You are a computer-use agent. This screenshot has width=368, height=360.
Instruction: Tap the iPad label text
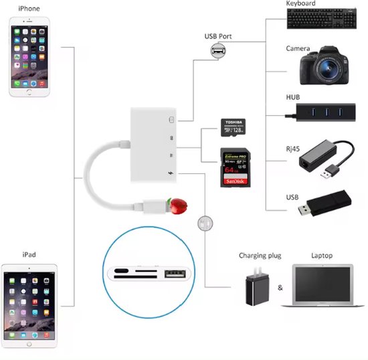29,255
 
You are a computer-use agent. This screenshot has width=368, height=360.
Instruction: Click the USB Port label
218,36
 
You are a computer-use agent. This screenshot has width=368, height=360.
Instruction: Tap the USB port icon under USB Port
217,51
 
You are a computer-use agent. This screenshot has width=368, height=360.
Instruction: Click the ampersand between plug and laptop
280,288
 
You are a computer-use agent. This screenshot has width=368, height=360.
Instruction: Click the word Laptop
322,256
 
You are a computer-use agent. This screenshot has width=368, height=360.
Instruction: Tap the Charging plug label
260,256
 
